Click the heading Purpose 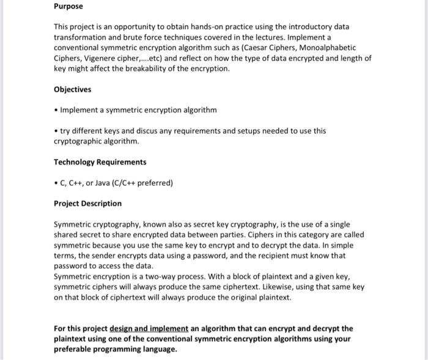(68, 6)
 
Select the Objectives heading (72, 89)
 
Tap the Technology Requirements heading (100, 162)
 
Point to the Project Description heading (87, 204)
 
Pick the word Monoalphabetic (325, 48)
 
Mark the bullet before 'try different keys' (56, 131)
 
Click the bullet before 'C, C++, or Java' (56, 183)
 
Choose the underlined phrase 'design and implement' (149, 328)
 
